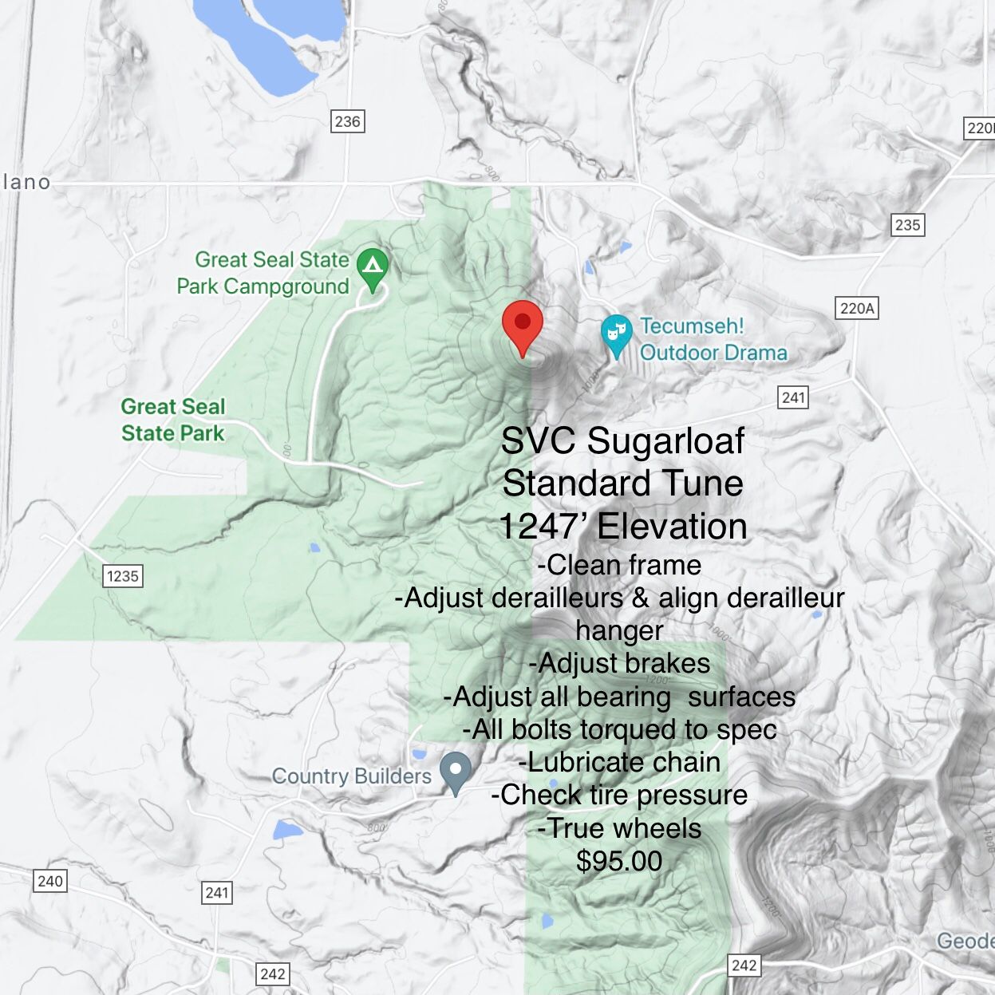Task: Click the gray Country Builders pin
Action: point(456,771)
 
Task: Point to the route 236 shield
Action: point(347,121)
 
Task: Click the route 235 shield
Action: point(907,224)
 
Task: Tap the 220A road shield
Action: point(857,308)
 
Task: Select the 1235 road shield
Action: point(123,576)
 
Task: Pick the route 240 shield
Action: point(50,881)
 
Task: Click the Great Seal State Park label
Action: point(173,420)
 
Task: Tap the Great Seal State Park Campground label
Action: point(263,273)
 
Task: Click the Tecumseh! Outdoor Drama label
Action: point(713,339)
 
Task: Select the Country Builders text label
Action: point(351,776)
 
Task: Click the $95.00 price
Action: point(619,861)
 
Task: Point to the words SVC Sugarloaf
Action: point(622,440)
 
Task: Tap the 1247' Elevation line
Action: point(623,527)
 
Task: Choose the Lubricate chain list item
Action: point(619,762)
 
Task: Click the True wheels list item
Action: point(619,828)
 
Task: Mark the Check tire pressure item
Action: point(619,795)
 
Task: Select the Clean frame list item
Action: point(619,565)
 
